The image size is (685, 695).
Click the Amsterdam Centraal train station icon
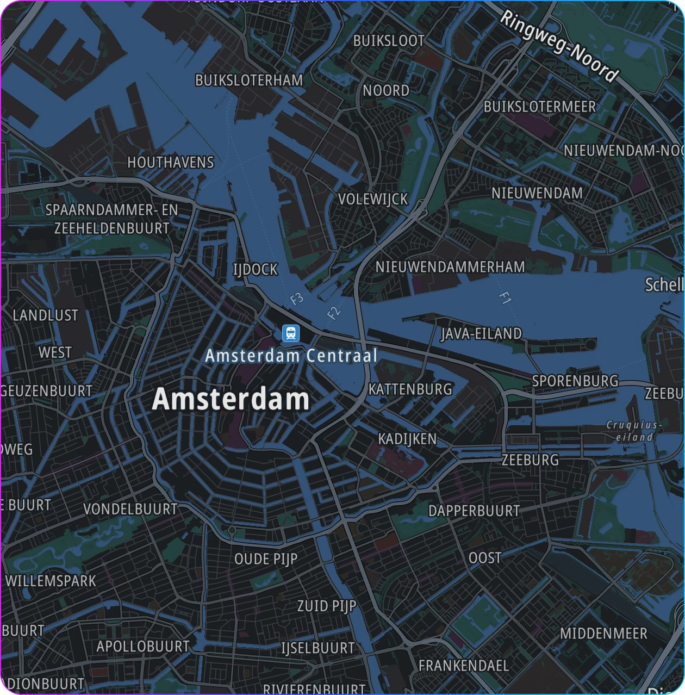(x=291, y=333)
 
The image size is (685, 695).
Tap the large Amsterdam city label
(x=231, y=400)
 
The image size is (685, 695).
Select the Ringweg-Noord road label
(x=558, y=46)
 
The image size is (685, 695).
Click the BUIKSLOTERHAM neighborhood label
(x=249, y=80)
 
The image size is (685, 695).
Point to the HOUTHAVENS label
(x=171, y=163)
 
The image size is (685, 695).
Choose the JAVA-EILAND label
(x=481, y=333)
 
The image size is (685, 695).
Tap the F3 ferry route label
(x=297, y=299)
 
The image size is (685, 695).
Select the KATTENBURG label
(x=410, y=389)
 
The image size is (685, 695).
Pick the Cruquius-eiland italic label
(x=634, y=431)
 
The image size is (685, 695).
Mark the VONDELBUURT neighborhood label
(x=130, y=509)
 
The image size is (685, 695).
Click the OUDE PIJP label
(x=266, y=559)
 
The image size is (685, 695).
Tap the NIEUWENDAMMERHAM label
(x=450, y=267)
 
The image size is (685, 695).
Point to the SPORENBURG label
(x=575, y=381)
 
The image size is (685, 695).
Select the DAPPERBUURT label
(x=474, y=511)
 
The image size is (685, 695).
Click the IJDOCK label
(x=255, y=270)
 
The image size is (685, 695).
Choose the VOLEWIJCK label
(x=373, y=200)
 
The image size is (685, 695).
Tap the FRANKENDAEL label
(x=463, y=665)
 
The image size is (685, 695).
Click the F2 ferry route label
(x=333, y=312)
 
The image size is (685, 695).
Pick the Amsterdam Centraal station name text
(x=291, y=356)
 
